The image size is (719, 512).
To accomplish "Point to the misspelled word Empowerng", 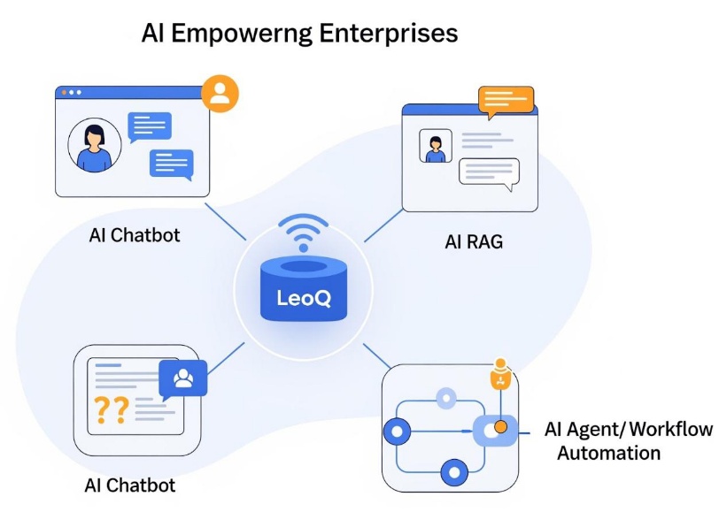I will (236, 34).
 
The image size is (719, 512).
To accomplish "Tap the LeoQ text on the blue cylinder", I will (302, 298).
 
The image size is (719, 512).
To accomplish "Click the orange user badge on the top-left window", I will (220, 94).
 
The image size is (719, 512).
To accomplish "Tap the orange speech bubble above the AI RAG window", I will (506, 102).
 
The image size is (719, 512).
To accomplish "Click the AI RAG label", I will (473, 240).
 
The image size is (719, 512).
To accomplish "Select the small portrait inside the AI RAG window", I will (435, 147).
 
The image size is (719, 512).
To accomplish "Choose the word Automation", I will (608, 453).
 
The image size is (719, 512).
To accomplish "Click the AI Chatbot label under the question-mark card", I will (129, 485).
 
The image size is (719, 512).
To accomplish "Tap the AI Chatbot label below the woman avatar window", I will (135, 235).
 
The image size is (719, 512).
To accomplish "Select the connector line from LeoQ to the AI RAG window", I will (383, 225).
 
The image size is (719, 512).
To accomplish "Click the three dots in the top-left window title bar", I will (70, 93).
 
